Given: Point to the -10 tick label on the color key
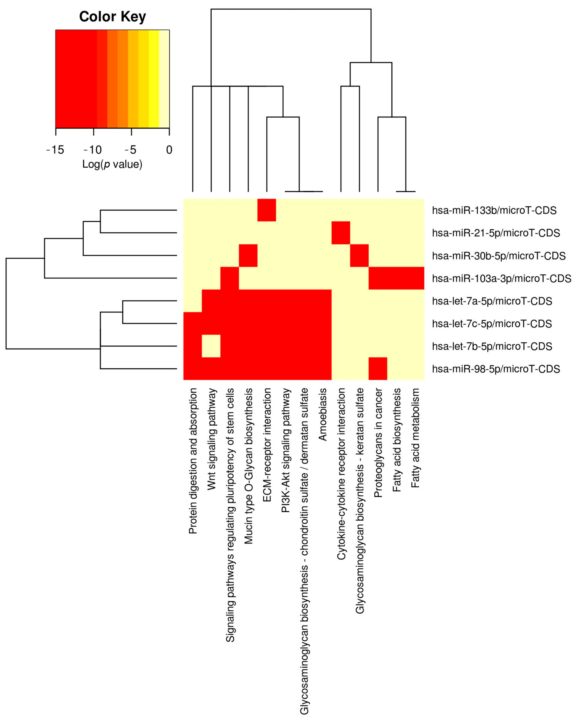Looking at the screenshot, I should tap(93, 150).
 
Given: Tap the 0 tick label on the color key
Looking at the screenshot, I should tap(169, 150).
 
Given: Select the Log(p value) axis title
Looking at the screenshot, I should tap(112, 164).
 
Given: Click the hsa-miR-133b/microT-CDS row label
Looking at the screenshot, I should tap(494, 210).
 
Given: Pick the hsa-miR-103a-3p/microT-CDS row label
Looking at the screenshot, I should tap(501, 278).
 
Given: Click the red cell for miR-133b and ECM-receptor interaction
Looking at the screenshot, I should tap(267, 210).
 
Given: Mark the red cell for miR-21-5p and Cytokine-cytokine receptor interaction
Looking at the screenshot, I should tap(341, 233).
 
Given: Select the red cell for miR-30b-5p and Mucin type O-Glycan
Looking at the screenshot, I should tap(248, 255).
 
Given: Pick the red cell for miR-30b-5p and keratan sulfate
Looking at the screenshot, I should tap(359, 255).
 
